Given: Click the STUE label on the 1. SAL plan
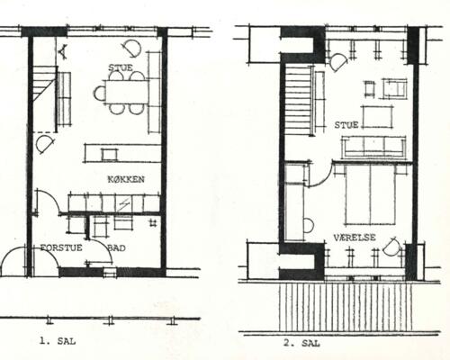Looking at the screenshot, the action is [x=121, y=67].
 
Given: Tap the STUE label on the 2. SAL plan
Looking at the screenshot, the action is [x=346, y=125].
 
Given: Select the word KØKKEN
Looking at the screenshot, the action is [x=126, y=179].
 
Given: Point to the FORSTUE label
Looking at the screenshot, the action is [x=61, y=247].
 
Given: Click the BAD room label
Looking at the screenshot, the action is [x=116, y=248].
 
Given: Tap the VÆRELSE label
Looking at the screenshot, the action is [x=355, y=238].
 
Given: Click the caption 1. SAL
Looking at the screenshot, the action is [x=58, y=341].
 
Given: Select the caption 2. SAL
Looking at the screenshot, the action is [x=301, y=343].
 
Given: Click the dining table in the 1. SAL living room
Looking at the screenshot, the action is [x=127, y=92].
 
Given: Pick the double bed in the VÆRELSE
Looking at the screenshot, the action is [x=371, y=194].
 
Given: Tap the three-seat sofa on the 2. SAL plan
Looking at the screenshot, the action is [x=373, y=147].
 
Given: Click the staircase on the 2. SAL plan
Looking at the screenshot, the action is [x=297, y=100].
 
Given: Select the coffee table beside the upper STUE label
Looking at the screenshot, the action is [x=377, y=117].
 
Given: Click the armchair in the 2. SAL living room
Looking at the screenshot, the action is [x=394, y=88].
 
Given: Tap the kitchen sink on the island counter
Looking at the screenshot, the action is [x=110, y=155].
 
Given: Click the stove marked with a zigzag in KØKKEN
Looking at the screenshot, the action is [x=123, y=204].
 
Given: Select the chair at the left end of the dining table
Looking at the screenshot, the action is [x=100, y=93].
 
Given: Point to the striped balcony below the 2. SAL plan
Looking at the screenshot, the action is [x=345, y=307].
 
